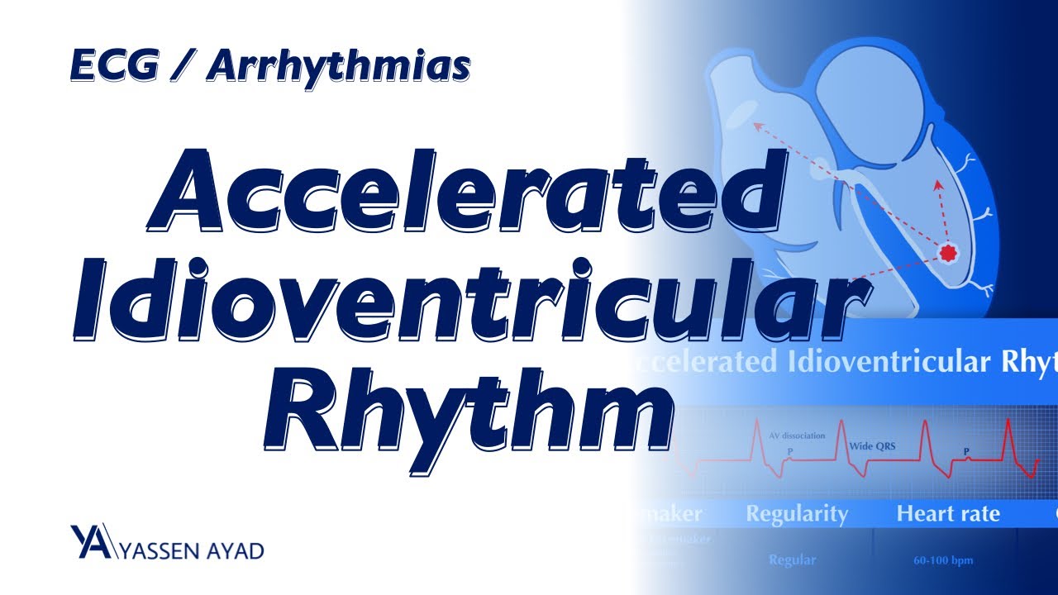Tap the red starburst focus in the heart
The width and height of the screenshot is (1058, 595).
point(947,252)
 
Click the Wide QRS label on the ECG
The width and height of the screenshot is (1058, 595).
point(872,447)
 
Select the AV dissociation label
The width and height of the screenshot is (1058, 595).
point(797,436)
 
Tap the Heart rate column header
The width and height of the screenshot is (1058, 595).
point(948,514)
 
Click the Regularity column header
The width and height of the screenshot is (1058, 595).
point(797,514)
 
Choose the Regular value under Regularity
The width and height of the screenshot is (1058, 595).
point(792,560)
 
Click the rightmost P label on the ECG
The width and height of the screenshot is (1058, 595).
point(967,452)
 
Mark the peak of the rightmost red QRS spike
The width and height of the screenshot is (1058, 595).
point(1009,420)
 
